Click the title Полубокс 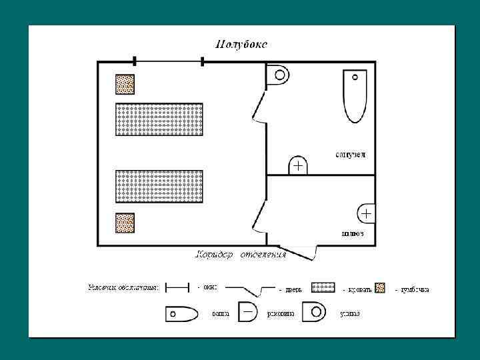[241, 45]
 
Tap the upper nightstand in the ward [125, 84]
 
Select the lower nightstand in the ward [125, 223]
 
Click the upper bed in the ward [159, 119]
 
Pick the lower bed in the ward [159, 186]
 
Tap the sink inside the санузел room [297, 165]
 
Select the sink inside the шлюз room [366, 213]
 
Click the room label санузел [350, 155]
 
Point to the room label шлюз [352, 233]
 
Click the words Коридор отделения [241, 254]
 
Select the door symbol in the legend [250, 289]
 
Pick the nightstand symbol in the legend [379, 287]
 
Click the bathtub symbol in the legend [182, 313]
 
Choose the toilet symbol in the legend [313, 312]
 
